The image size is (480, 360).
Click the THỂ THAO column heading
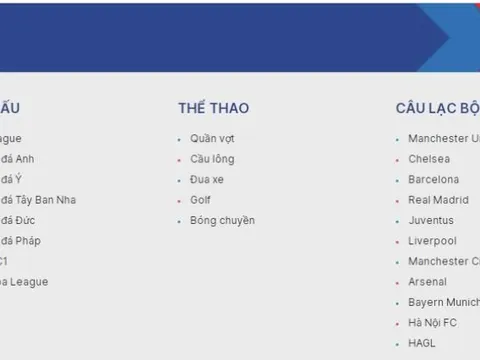[x=213, y=108]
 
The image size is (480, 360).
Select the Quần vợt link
[x=212, y=139]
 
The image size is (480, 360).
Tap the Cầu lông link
[x=213, y=159]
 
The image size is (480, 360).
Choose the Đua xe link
[x=209, y=180]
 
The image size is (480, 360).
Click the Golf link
[x=202, y=200]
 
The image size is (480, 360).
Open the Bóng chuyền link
[x=222, y=220]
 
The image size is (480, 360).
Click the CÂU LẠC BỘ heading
[x=438, y=108]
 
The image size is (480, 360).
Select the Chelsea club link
[x=429, y=159]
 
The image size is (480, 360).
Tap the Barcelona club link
[x=434, y=180]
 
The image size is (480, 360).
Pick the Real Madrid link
[x=438, y=200]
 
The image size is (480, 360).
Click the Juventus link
[x=431, y=220]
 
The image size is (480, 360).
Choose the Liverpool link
[x=432, y=241]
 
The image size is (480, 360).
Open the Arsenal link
[x=428, y=282]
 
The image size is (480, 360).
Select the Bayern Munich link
[x=443, y=302]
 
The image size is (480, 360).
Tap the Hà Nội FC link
[x=432, y=323]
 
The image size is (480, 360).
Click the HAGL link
[x=422, y=343]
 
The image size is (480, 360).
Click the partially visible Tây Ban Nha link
[x=38, y=200]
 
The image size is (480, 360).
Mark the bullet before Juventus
[x=397, y=221]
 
